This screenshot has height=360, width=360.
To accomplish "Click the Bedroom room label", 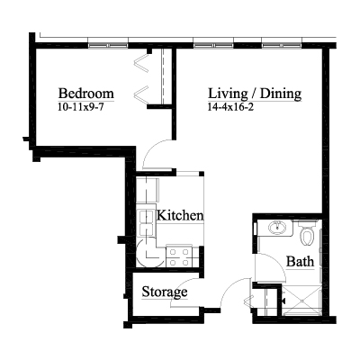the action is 86,94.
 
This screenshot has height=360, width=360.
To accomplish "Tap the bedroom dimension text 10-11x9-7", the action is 81,107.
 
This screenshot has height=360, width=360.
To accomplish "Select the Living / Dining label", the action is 255,94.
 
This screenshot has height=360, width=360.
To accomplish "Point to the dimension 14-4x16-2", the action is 230,107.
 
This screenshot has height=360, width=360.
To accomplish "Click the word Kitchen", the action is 180,215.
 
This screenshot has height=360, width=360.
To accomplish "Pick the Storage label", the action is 165,292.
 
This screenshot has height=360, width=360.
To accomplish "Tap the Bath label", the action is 300,261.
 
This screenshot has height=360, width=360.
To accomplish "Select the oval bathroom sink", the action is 277,228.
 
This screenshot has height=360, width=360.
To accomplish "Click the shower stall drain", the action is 301,300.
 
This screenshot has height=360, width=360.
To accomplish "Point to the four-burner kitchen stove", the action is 179,256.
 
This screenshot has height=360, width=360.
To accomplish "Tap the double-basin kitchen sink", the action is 147,222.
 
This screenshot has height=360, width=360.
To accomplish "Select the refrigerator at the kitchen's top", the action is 148,190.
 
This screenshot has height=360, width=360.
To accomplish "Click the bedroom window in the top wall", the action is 108,46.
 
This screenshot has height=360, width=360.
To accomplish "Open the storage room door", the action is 185,292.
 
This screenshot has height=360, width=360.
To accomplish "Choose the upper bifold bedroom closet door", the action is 141,64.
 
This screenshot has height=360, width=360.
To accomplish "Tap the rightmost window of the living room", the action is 282,46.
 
